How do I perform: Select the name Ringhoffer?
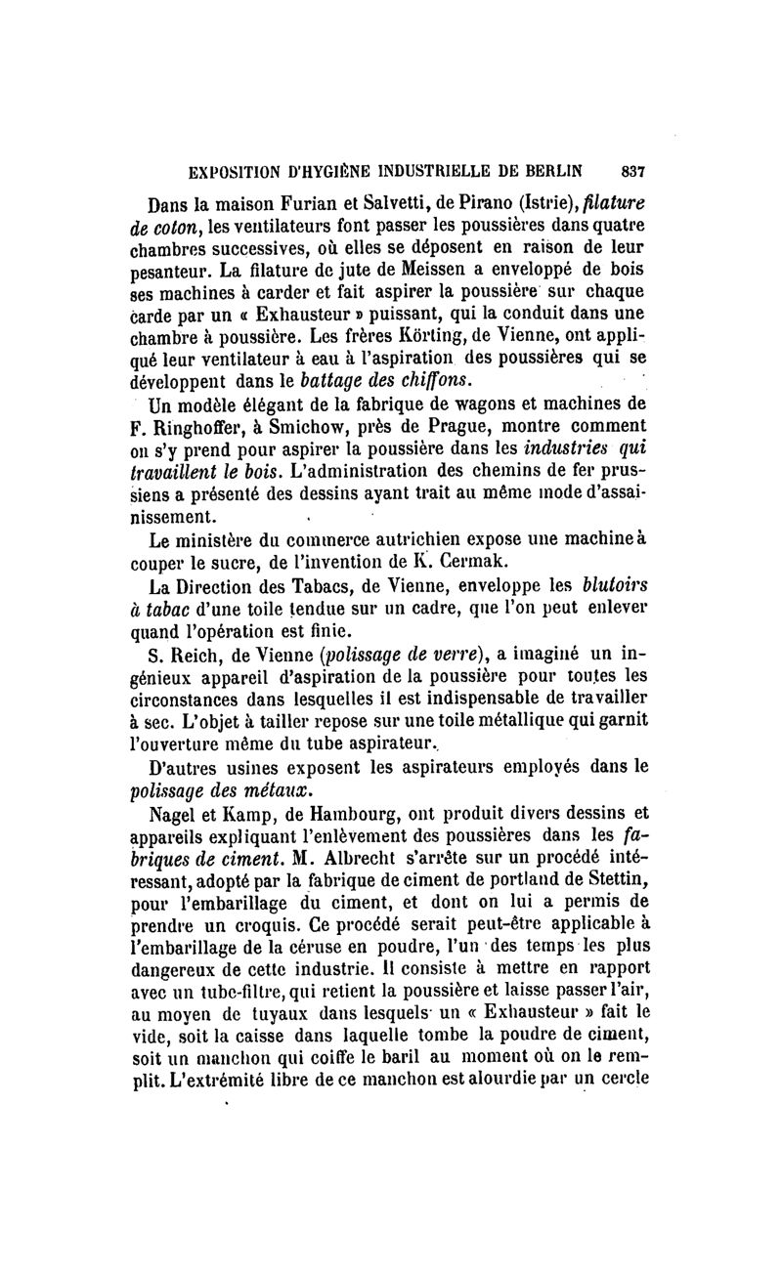point(205,426)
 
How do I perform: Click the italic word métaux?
point(285,787)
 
